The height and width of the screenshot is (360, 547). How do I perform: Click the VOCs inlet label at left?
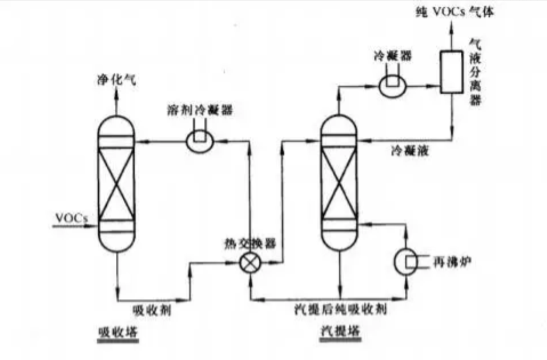point(71,218)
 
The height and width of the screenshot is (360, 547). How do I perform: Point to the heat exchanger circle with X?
point(250,265)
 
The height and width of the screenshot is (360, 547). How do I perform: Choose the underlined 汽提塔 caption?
point(341,333)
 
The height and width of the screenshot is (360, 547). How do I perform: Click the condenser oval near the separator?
point(393,85)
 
